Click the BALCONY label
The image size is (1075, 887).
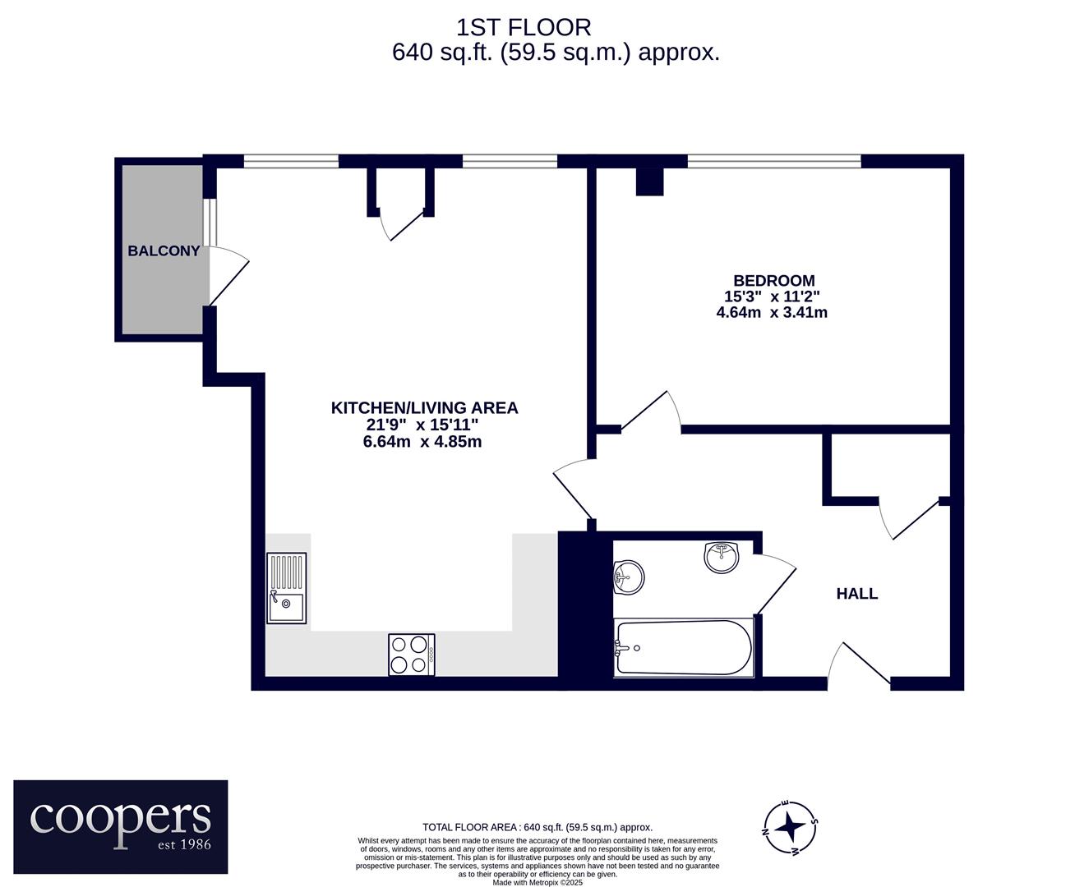(164, 251)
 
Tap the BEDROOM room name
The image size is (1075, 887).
(774, 280)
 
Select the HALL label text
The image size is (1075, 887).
(856, 594)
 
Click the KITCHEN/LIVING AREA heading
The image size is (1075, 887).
(424, 408)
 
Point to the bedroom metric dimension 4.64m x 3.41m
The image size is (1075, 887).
(772, 312)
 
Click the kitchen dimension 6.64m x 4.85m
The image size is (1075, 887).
(422, 441)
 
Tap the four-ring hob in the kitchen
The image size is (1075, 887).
(412, 655)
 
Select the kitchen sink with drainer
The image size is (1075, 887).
(286, 588)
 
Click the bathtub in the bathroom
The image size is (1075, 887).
(684, 647)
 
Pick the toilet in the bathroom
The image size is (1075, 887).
(628, 577)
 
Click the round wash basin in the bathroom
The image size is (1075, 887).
(722, 557)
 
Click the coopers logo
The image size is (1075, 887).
(121, 827)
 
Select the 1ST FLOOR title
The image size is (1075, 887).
(524, 28)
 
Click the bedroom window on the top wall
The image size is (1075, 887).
(774, 161)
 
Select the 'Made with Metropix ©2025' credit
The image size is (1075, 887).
(537, 883)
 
